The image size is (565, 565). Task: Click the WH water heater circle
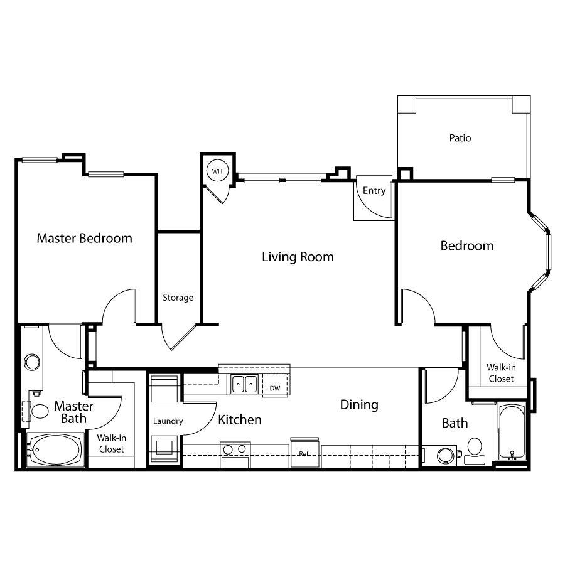(217, 171)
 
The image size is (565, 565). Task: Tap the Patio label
(460, 138)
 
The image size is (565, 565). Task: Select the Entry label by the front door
(374, 191)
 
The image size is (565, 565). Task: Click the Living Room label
(298, 257)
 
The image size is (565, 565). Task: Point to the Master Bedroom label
(84, 238)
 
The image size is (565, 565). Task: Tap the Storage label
(178, 298)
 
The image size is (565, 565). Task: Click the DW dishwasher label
(275, 388)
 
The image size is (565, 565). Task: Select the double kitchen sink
(244, 384)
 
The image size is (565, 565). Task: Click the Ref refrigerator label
(304, 454)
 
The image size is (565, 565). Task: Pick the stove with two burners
(235, 455)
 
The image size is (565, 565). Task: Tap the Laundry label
(168, 421)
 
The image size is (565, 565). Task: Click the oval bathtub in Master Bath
(55, 449)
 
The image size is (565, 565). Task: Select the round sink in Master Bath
(32, 362)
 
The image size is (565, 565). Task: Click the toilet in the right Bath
(475, 450)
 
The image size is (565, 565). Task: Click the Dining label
(359, 405)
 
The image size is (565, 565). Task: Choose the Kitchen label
(240, 420)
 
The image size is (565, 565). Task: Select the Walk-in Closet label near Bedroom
(501, 373)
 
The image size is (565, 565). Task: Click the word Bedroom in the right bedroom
(467, 245)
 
